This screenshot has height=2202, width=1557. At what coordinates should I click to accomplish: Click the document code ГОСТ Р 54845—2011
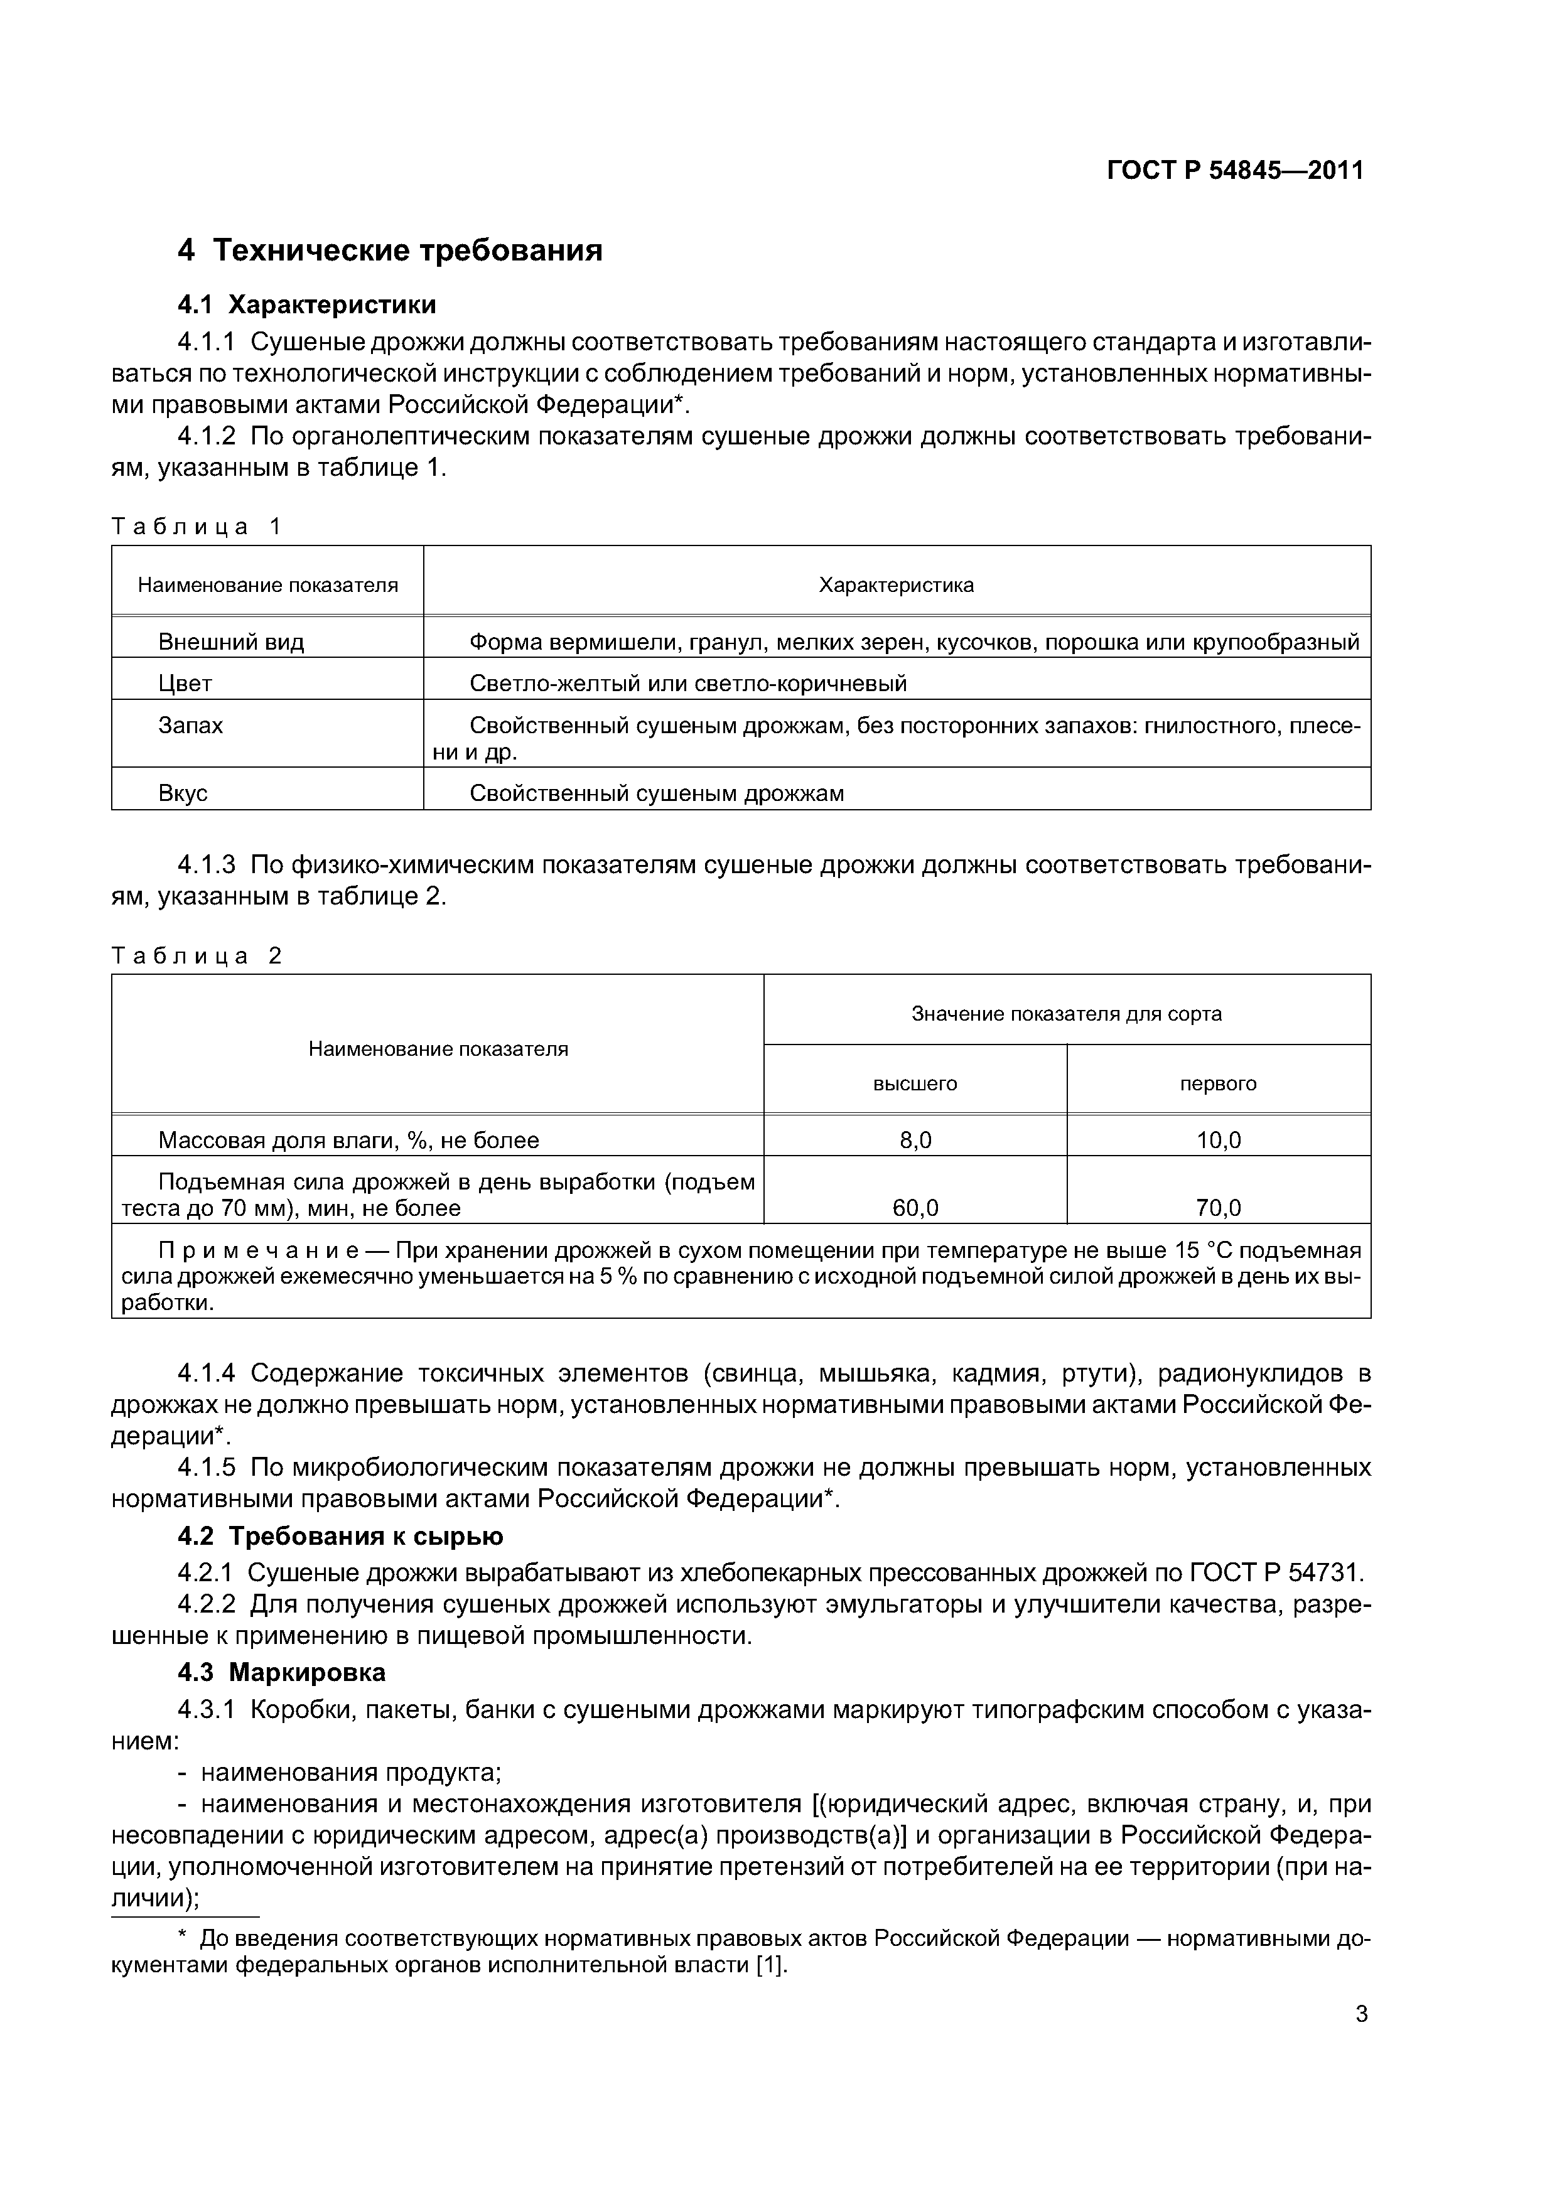click(x=1235, y=171)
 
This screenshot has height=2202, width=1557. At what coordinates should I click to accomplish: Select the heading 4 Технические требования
click(x=391, y=250)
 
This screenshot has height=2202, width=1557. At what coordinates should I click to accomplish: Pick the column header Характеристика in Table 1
click(x=896, y=585)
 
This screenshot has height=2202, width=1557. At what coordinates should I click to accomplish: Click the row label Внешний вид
click(x=231, y=642)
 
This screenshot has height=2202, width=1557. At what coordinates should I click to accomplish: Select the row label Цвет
click(x=185, y=683)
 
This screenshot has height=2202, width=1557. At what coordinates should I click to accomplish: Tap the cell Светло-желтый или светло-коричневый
click(x=688, y=683)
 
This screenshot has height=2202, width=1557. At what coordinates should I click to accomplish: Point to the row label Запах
click(x=191, y=725)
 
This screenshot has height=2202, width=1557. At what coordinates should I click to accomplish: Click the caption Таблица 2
click(x=197, y=956)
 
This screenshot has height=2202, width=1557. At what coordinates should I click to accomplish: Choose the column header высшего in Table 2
click(x=914, y=1083)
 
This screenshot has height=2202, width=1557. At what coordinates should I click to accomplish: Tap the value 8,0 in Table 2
click(x=915, y=1141)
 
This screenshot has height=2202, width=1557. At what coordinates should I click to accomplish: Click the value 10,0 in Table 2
click(x=1219, y=1141)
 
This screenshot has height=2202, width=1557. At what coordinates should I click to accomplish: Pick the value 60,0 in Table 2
click(x=915, y=1208)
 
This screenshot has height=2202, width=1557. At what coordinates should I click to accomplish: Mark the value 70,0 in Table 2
click(x=1219, y=1208)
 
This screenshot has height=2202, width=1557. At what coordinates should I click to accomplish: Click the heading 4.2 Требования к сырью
click(x=340, y=1537)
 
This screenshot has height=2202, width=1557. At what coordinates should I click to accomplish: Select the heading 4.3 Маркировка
click(x=282, y=1673)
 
